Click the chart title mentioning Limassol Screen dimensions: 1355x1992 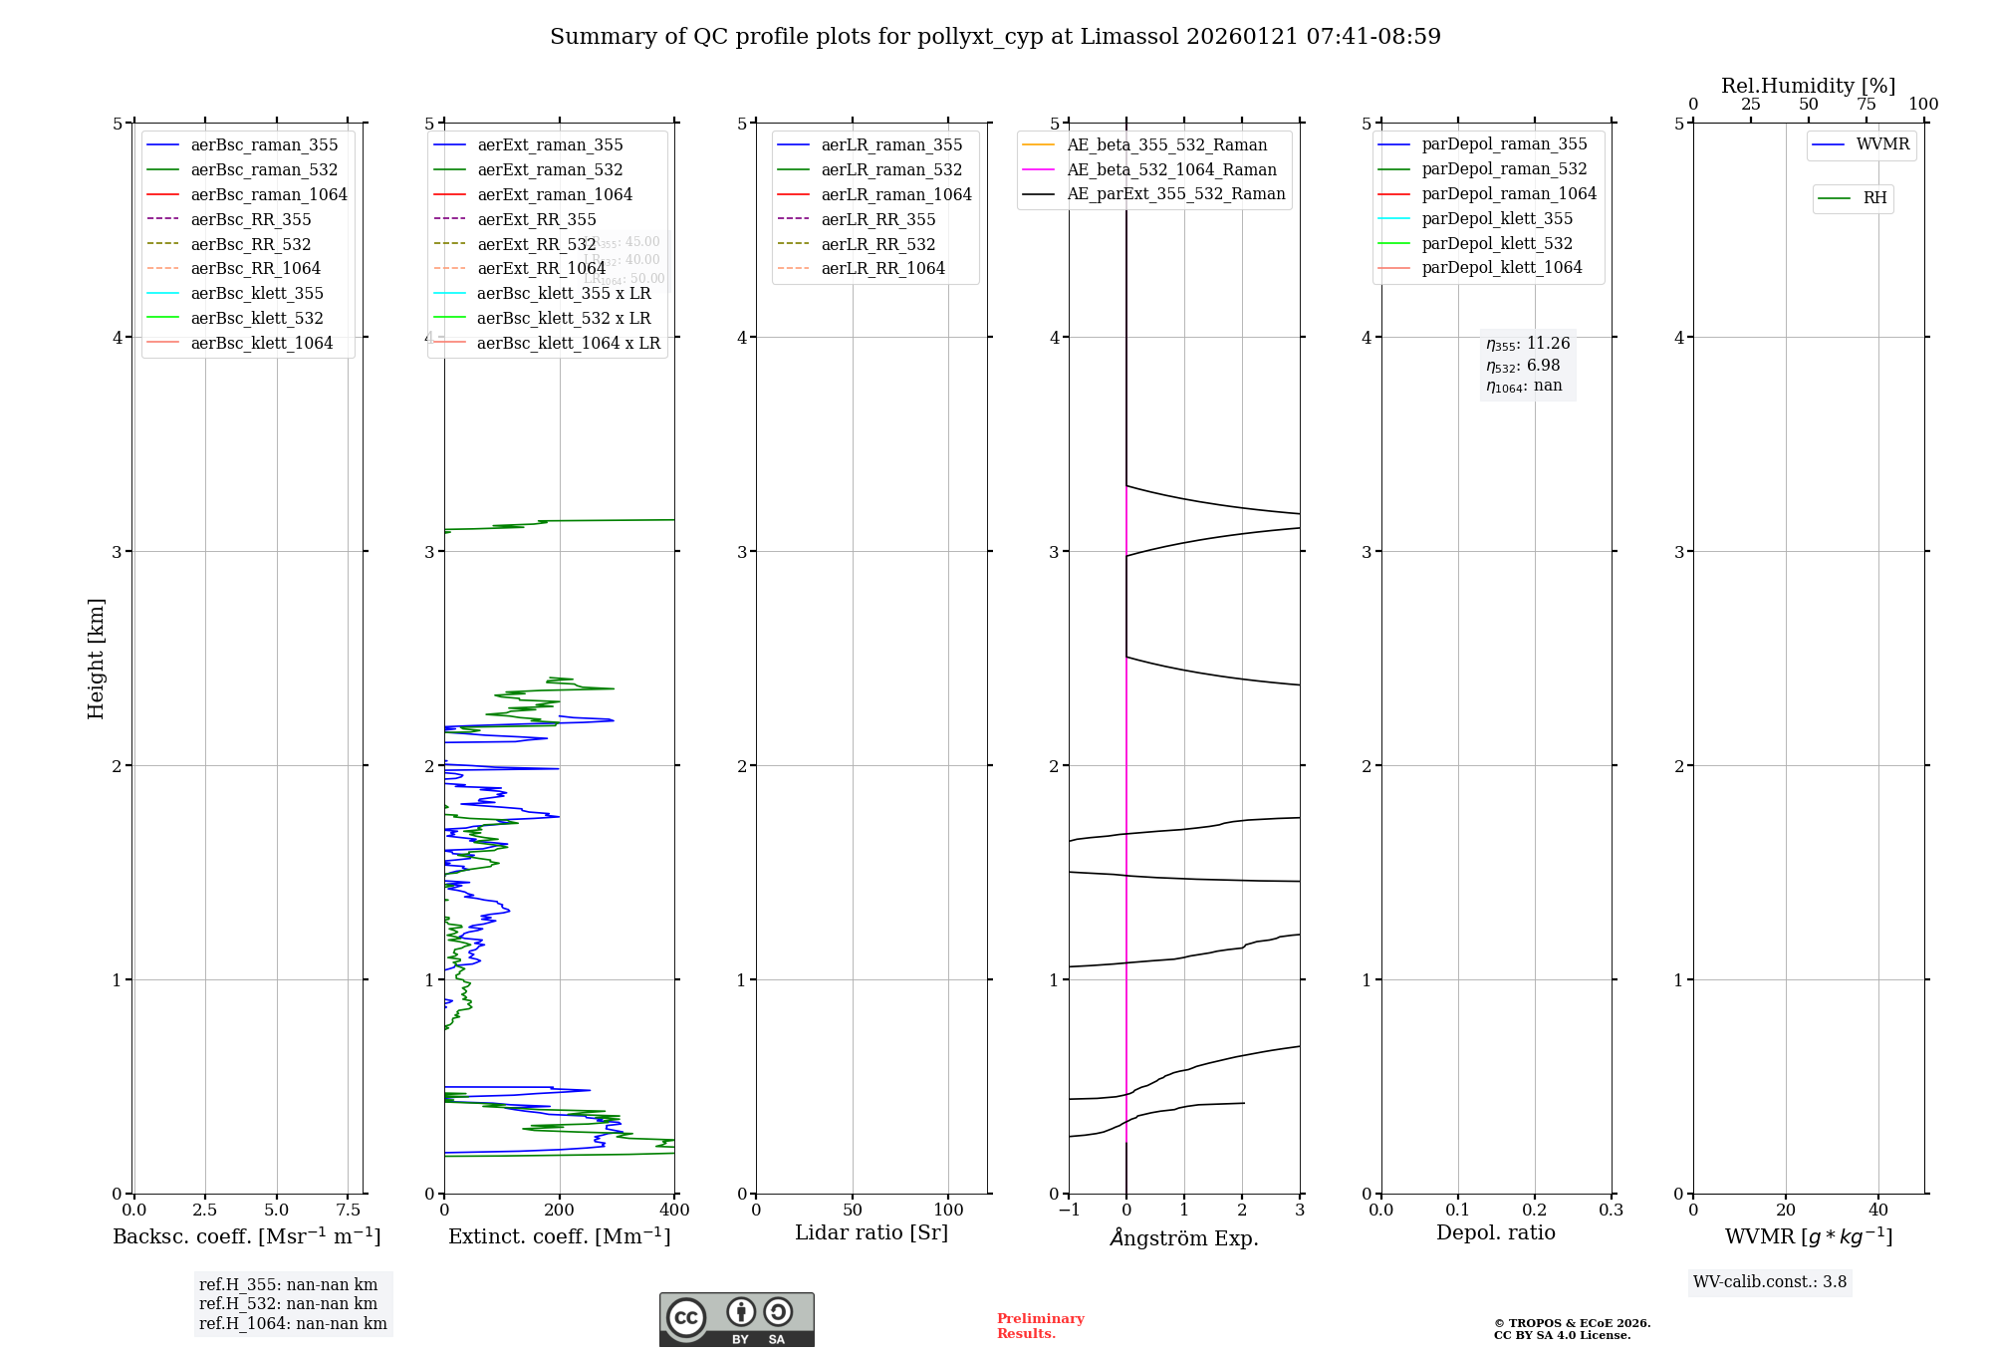click(x=995, y=37)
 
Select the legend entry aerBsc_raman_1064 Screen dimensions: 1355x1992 click(x=269, y=194)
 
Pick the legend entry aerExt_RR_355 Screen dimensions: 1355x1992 click(x=536, y=219)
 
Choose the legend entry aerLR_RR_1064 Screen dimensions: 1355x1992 click(x=882, y=268)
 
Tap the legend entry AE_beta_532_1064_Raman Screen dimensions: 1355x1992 click(x=1171, y=169)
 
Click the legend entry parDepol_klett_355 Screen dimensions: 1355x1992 click(x=1497, y=218)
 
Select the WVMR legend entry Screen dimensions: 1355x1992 click(x=1882, y=144)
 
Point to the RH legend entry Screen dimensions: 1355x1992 click(x=1874, y=198)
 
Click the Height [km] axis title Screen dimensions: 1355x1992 click(x=96, y=658)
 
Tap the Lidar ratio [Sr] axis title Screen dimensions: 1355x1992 click(x=871, y=1232)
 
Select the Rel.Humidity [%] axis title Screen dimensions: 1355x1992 click(x=1808, y=86)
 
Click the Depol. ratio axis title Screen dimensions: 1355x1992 click(x=1495, y=1232)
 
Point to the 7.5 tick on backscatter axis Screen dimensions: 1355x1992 click(x=348, y=1210)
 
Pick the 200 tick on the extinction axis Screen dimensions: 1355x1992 click(x=560, y=1210)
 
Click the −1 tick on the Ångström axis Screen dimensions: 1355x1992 click(x=1069, y=1210)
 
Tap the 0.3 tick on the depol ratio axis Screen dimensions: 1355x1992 click(x=1611, y=1210)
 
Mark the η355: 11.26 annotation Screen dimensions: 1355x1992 click(x=1528, y=344)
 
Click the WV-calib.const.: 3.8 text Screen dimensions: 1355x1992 click(x=1770, y=1282)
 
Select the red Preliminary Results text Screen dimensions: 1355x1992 click(x=1040, y=1326)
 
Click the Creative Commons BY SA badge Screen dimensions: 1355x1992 click(x=736, y=1319)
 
